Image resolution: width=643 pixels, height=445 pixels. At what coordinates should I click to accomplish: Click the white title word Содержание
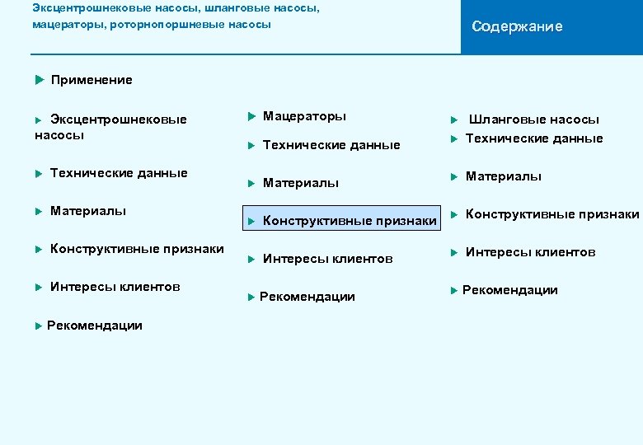click(517, 26)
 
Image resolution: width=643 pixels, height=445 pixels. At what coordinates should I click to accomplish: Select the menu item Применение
click(91, 80)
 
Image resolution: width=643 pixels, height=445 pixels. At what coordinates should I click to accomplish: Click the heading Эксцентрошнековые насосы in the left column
click(110, 127)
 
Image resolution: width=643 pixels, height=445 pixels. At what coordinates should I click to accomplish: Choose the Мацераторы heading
click(304, 116)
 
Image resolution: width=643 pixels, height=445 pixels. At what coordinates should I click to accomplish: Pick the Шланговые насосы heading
click(534, 119)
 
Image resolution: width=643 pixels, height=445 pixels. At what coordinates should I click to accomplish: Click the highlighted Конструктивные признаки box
click(345, 220)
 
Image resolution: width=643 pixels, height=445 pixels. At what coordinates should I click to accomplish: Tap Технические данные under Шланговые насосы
click(534, 138)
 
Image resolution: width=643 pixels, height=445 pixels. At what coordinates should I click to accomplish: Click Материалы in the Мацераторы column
click(300, 183)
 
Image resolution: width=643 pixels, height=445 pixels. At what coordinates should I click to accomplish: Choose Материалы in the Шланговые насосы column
click(503, 176)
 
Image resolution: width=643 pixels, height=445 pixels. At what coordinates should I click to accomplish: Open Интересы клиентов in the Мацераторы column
click(327, 259)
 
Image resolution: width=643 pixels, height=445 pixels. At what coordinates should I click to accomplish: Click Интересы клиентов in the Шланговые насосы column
click(530, 252)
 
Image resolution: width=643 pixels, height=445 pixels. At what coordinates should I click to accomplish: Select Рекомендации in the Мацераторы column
click(307, 297)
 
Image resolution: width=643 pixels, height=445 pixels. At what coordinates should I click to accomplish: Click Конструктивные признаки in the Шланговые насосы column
click(551, 214)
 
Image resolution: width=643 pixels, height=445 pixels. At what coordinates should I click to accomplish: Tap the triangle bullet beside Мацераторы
click(251, 116)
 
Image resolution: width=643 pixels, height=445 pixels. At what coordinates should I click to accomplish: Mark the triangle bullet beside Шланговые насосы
click(453, 120)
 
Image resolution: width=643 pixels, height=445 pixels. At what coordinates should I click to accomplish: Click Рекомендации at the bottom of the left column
click(94, 326)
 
